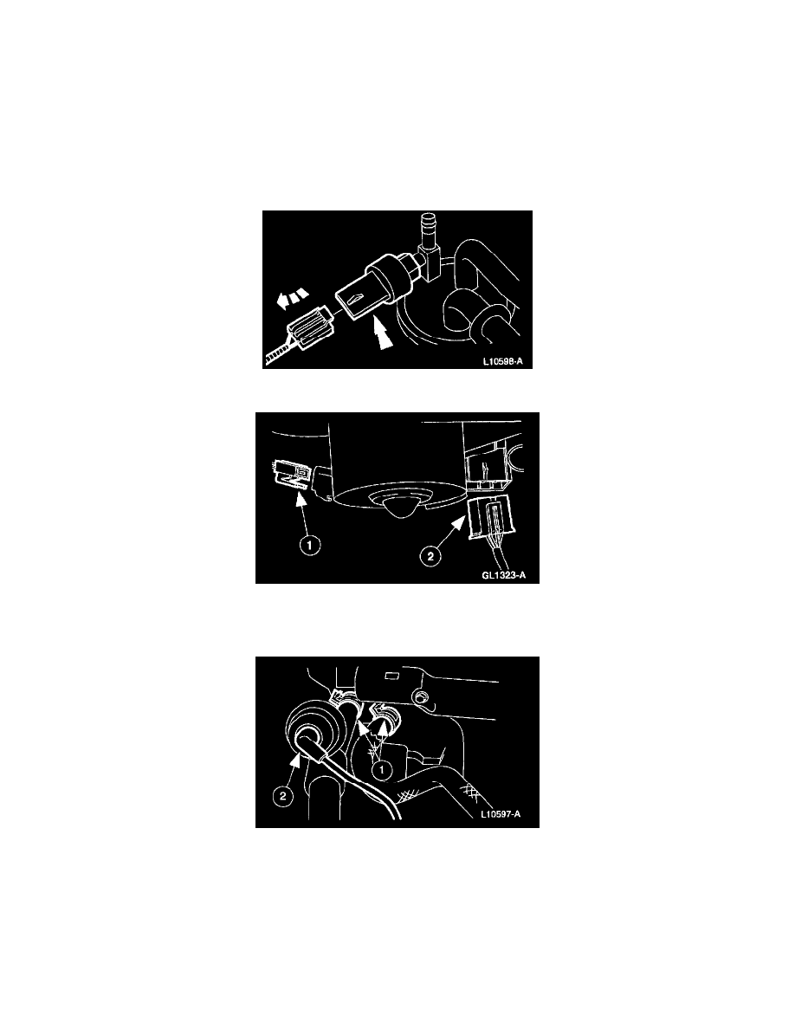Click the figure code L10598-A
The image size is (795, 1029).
[502, 361]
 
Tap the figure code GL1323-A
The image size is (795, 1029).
[504, 576]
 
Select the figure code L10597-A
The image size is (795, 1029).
[501, 814]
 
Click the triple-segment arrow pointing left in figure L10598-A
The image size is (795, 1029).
[293, 298]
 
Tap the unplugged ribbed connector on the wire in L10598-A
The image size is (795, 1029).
[307, 329]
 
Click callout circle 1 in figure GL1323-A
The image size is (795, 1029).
[310, 545]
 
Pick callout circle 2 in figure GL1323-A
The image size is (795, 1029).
[430, 556]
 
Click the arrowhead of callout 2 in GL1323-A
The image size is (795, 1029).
[462, 521]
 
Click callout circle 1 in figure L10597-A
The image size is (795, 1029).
[382, 770]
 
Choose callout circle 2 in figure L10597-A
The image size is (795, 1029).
[282, 797]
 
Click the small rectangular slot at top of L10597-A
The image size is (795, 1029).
[392, 676]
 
